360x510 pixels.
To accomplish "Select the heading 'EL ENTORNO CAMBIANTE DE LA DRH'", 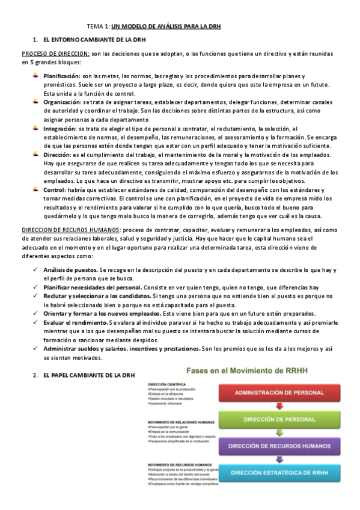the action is tap(93, 40).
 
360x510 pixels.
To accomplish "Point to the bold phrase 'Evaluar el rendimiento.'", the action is tap(75, 323).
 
